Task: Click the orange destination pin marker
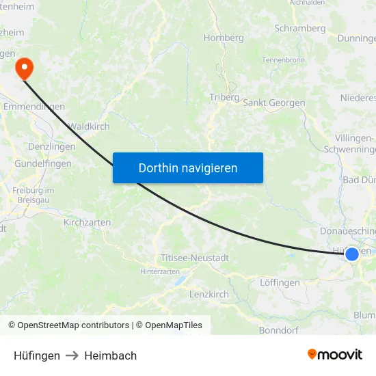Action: (24, 67)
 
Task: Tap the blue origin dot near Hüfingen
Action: (351, 254)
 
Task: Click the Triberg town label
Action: (224, 97)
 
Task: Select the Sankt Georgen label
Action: (273, 103)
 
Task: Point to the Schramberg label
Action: (299, 29)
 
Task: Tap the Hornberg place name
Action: (224, 38)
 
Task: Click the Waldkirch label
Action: (89, 126)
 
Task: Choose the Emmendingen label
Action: (33, 107)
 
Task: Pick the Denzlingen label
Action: (52, 146)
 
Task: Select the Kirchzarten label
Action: (87, 222)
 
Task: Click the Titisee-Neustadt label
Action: (195, 258)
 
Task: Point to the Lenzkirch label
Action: (209, 294)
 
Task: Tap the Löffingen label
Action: (280, 282)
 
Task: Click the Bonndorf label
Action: (278, 330)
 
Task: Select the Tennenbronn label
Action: (283, 60)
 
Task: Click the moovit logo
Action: (335, 355)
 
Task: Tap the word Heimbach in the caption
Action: (110, 355)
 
